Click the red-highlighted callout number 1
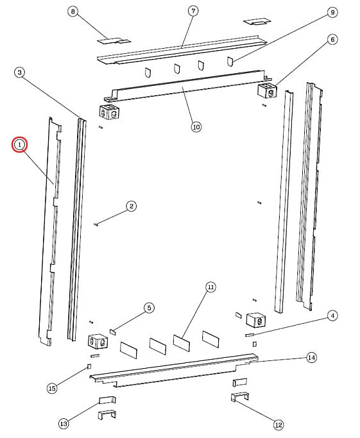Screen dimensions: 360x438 pyautogui.click(x=19, y=145)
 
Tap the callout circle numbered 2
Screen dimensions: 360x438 pyautogui.click(x=132, y=206)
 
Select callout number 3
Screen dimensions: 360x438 pyautogui.click(x=19, y=72)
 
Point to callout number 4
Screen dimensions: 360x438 pyautogui.click(x=332, y=316)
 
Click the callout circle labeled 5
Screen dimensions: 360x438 pyautogui.click(x=149, y=308)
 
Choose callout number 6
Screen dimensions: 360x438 pyautogui.click(x=332, y=40)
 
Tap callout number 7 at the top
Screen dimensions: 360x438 pyautogui.click(x=193, y=11)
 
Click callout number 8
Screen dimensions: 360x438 pyautogui.click(x=73, y=12)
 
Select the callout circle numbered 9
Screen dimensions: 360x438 pyautogui.click(x=332, y=12)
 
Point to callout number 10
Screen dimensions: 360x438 pyautogui.click(x=196, y=127)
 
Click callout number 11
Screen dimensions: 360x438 pyautogui.click(x=210, y=287)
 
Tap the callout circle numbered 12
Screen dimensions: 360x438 pyautogui.click(x=279, y=425)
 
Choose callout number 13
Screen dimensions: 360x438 pyautogui.click(x=64, y=424)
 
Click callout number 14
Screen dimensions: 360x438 pyautogui.click(x=312, y=358)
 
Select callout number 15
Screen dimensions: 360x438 pyautogui.click(x=52, y=388)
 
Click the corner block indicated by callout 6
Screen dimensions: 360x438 pyautogui.click(x=267, y=90)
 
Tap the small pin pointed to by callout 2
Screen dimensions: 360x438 pyautogui.click(x=96, y=224)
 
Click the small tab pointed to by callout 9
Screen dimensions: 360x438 pyautogui.click(x=230, y=62)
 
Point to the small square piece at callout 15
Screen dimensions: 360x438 pyautogui.click(x=89, y=366)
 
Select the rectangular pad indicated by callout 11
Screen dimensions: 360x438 pyautogui.click(x=182, y=342)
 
